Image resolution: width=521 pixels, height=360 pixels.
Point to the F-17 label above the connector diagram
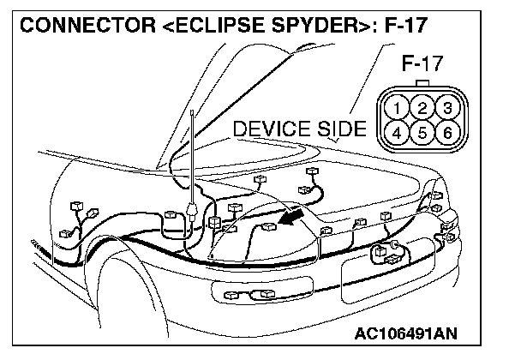coord(422,65)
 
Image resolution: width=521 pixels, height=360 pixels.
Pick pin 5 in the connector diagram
coord(422,133)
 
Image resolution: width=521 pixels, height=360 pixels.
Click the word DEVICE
coord(272,129)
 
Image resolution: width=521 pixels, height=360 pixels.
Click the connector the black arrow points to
coord(269,228)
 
